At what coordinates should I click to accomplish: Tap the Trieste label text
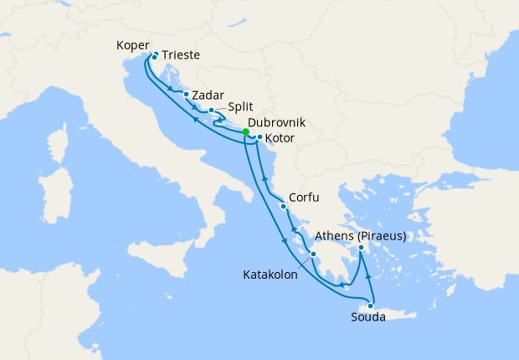[181, 55]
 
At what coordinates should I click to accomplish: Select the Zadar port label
[207, 95]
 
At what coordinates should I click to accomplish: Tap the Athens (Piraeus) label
[361, 235]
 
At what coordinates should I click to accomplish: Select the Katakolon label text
[270, 274]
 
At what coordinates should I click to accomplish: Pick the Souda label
[368, 317]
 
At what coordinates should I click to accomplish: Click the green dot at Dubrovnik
[245, 131]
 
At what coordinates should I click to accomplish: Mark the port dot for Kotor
[260, 137]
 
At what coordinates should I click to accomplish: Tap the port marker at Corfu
[284, 206]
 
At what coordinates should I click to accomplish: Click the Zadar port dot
[186, 95]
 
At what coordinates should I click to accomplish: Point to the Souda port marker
[370, 306]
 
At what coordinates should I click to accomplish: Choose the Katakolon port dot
[313, 255]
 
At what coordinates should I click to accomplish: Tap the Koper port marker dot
[154, 58]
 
